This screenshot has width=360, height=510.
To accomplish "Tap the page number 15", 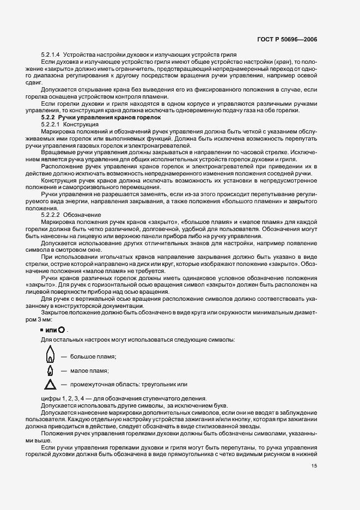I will (314, 466).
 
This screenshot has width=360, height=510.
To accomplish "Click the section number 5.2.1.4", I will (52, 55).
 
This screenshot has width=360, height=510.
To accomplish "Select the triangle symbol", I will (50, 385).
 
